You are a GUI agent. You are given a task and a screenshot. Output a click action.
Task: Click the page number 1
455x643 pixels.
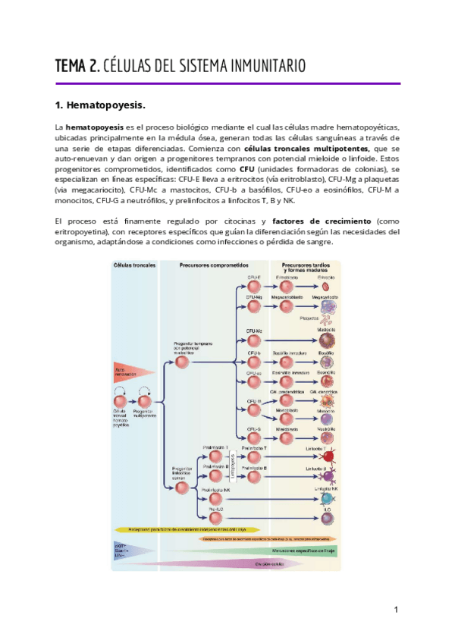point(396,610)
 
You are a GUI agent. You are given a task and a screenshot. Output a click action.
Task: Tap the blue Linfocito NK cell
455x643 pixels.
point(328,497)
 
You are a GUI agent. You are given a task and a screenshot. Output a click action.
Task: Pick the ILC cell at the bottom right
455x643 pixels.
point(327,518)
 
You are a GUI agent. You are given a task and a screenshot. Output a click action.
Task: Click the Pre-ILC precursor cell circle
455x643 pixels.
point(216,519)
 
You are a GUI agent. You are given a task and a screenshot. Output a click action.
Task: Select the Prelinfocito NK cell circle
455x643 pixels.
point(216,497)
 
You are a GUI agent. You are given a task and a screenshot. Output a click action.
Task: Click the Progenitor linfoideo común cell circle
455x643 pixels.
point(181,488)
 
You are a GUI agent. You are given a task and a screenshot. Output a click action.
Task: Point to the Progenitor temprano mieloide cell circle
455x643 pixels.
point(181,362)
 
